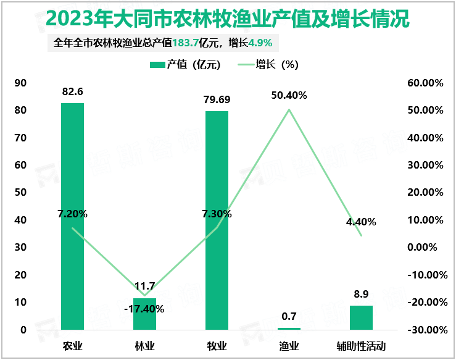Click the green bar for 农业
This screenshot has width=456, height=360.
pyautogui.click(x=72, y=216)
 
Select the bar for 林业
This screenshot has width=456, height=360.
pyautogui.click(x=144, y=314)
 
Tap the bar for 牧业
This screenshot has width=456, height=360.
pyautogui.click(x=217, y=220)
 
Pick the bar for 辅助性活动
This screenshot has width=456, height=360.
pyautogui.click(x=361, y=317)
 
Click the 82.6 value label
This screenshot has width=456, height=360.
pyautogui.click(x=72, y=91)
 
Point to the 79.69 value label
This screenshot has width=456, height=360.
pyautogui.click(x=217, y=99)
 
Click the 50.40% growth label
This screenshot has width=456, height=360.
pyautogui.click(x=289, y=95)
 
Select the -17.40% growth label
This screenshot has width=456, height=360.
pyautogui.click(x=144, y=308)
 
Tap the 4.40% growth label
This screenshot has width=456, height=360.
pyautogui.click(x=361, y=222)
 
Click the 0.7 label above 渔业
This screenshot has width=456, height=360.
pyautogui.click(x=289, y=316)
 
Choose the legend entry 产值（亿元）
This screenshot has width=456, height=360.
pyautogui.click(x=185, y=64)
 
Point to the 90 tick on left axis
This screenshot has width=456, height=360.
pyautogui.click(x=20, y=83)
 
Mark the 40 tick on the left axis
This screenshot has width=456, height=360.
pyautogui.click(x=20, y=220)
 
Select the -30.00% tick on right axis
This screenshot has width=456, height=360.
pyautogui.click(x=425, y=330)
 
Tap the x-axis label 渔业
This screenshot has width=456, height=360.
pyautogui.click(x=289, y=346)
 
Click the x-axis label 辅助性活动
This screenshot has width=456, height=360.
pyautogui.click(x=361, y=346)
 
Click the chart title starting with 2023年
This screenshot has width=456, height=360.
pyautogui.click(x=228, y=19)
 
